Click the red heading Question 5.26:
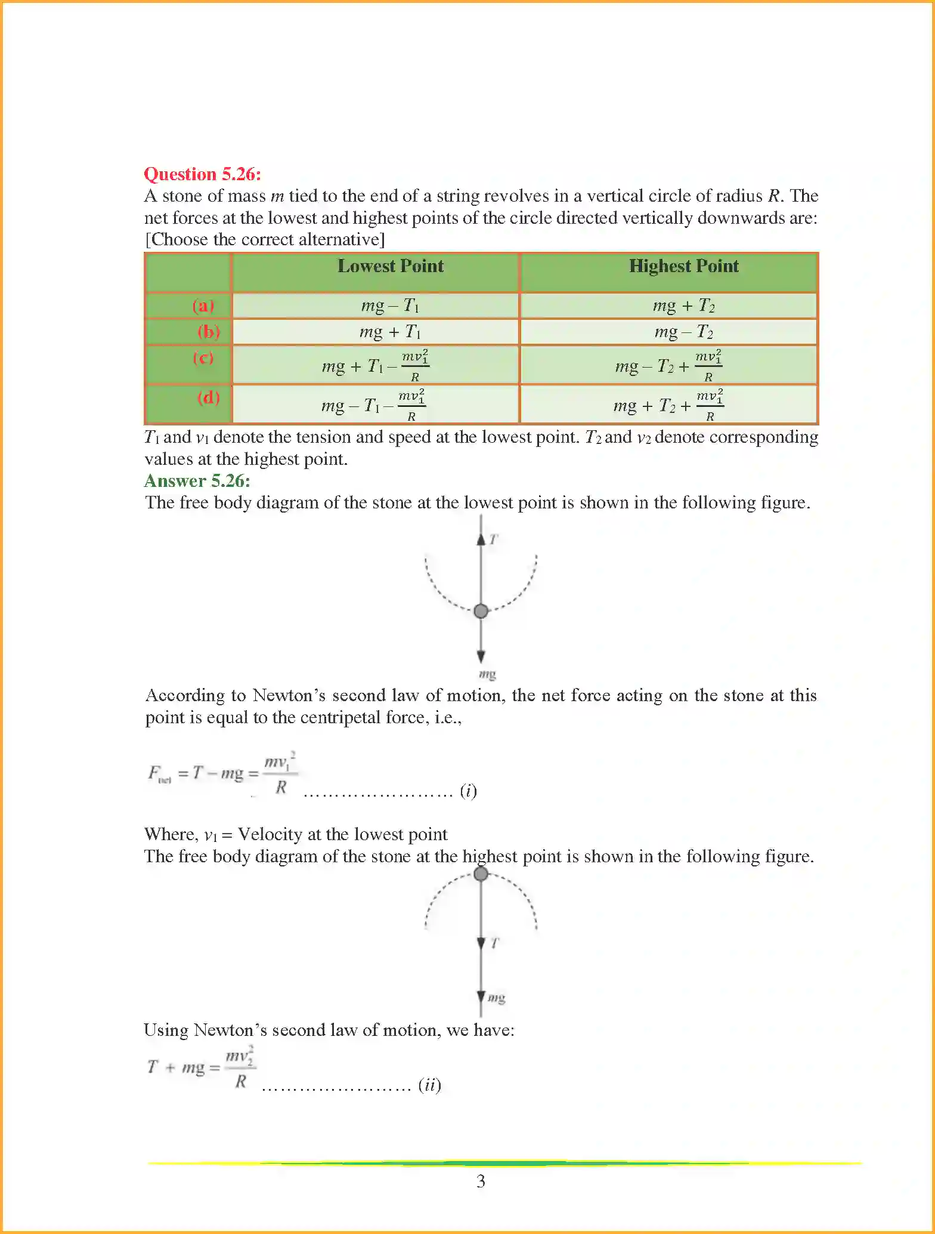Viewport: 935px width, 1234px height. coord(202,174)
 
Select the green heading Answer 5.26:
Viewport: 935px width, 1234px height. coord(197,481)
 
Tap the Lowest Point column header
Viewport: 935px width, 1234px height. coord(391,266)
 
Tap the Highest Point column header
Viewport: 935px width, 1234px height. coord(683,266)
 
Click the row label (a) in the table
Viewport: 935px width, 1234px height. coord(203,306)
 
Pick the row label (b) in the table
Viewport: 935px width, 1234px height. coord(209,331)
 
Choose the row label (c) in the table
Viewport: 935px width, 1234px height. coord(203,357)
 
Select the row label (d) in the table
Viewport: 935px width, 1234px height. coord(209,397)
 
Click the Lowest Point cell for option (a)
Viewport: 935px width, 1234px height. coord(390,306)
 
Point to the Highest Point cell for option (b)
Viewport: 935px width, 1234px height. coord(683,332)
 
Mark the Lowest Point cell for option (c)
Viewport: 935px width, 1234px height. coord(375,365)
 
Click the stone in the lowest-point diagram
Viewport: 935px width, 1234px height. coord(481,611)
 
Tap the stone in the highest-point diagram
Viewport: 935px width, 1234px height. coord(481,874)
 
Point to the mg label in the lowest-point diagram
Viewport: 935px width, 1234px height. coord(487,674)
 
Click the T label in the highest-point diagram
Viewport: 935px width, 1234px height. coord(495,943)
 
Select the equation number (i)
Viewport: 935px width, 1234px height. coord(468,791)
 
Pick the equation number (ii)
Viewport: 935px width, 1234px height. coord(429,1084)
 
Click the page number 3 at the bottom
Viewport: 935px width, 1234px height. coord(481,1181)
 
